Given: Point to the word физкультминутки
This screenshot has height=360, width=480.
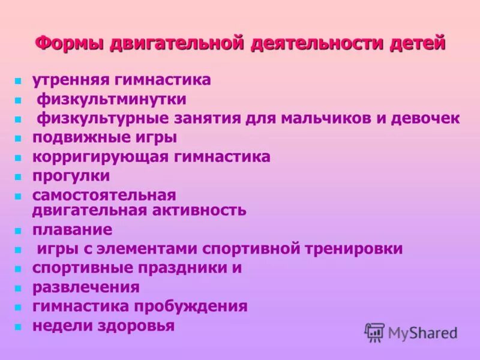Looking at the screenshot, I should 112,99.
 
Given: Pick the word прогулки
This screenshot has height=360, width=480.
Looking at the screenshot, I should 71,176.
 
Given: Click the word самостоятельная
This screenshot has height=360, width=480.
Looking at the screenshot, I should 104,195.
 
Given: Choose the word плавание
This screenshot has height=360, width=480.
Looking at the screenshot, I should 72,229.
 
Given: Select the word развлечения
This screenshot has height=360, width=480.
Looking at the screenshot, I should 86,287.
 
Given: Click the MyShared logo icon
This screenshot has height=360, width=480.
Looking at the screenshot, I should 374,331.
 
